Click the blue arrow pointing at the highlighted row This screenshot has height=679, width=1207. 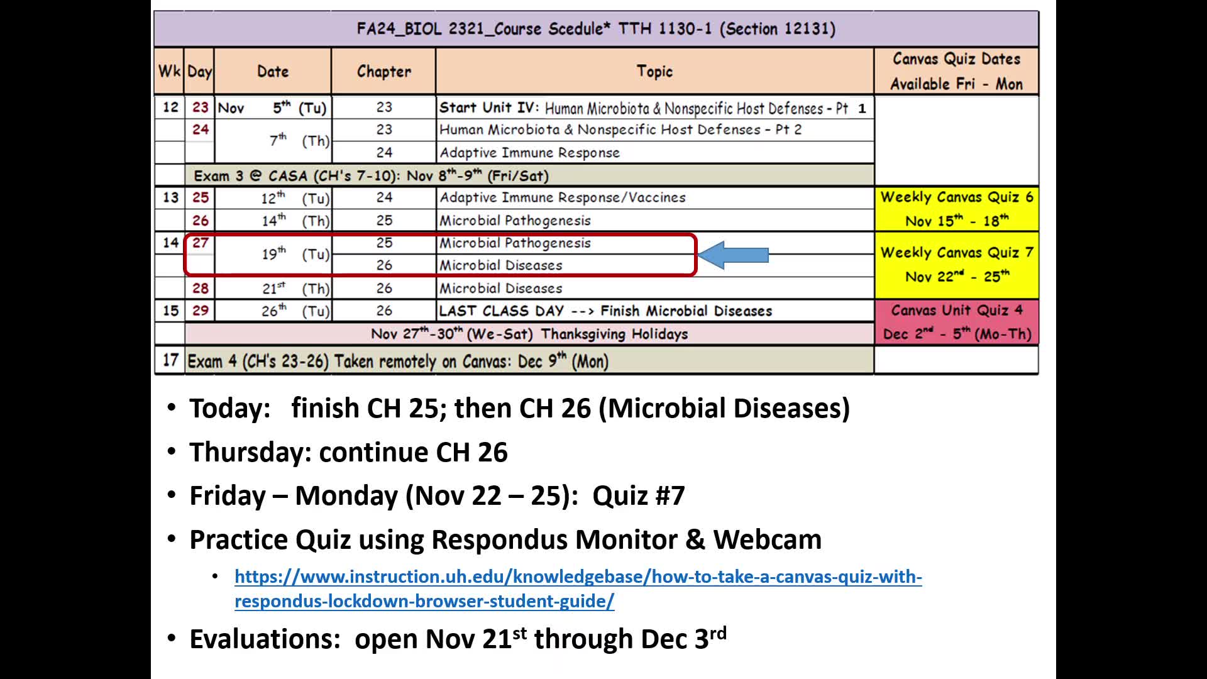coord(733,255)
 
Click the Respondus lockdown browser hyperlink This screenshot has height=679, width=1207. coord(578,588)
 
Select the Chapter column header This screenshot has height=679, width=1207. coord(383,72)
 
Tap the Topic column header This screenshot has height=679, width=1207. coord(654,72)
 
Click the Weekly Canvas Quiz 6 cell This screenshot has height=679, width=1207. coord(956,209)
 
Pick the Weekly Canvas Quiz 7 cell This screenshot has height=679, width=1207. coord(956,265)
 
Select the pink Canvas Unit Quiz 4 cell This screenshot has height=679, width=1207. coord(956,322)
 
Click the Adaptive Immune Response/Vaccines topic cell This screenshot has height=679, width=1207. coord(654,197)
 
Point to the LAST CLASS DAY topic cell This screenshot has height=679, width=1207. coord(654,311)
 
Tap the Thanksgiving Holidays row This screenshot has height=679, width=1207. coord(529,334)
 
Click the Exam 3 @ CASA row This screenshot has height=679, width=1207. coord(529,175)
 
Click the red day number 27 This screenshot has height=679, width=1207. coord(201,243)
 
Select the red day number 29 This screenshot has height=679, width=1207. coord(201,311)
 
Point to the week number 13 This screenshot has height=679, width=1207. coord(170,197)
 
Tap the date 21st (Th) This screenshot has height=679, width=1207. coord(295,289)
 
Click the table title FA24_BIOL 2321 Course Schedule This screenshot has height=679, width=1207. coord(596,29)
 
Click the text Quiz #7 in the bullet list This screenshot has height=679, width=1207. coord(639,495)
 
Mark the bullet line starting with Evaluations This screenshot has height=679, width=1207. coord(458,639)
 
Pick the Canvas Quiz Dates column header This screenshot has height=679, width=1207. coord(956,72)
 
